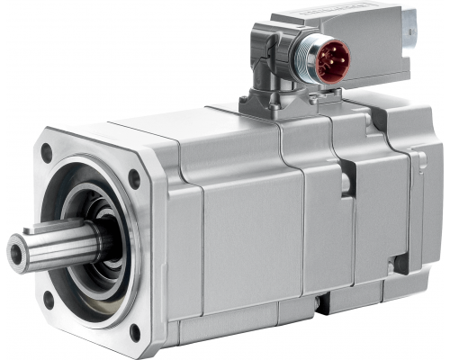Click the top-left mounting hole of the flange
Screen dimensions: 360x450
[x=47, y=154]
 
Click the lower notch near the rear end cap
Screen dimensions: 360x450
[x=393, y=264]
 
